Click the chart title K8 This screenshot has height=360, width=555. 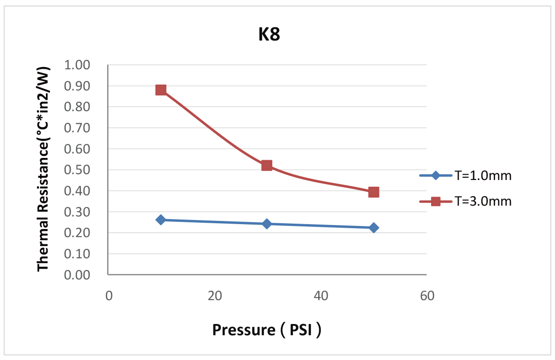pos(269,35)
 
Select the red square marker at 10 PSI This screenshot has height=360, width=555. pos(161,90)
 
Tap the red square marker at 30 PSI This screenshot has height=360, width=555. pos(267,166)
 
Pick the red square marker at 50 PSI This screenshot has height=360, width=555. pos(374,192)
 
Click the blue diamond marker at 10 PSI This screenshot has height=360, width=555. pos(161,220)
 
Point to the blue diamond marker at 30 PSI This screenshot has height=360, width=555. pos(267,224)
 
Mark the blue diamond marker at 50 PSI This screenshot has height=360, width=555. pos(374,228)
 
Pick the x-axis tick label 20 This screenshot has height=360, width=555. pos(215,296)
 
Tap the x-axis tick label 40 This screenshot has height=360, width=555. pos(320,296)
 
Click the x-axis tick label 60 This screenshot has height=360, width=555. pos(427,296)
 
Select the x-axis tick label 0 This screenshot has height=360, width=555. pos(109,296)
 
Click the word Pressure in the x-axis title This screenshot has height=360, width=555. pos(240,330)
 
